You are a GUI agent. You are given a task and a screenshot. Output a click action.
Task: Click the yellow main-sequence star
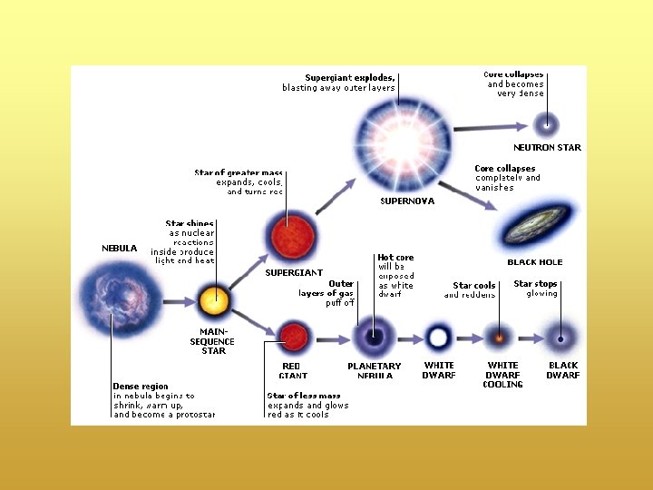(x=215, y=299)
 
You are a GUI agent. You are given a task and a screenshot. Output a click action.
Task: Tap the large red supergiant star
(x=287, y=235)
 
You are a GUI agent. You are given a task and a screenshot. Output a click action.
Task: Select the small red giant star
(x=292, y=338)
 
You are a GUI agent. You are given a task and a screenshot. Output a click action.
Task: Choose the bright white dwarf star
(x=439, y=338)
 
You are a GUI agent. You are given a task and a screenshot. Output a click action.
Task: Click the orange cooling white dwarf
(x=499, y=338)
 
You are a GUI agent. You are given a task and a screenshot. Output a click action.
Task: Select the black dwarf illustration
(x=560, y=338)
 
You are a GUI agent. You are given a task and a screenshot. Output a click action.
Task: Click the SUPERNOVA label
(x=406, y=201)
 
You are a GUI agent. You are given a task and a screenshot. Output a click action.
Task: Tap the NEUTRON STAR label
(x=547, y=147)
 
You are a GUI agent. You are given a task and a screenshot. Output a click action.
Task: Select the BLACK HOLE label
(x=534, y=262)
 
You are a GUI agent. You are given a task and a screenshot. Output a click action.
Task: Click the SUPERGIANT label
(x=293, y=272)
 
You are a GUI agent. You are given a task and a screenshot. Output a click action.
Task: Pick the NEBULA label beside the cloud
(x=120, y=248)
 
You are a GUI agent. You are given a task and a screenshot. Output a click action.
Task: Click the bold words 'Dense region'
(x=141, y=386)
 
